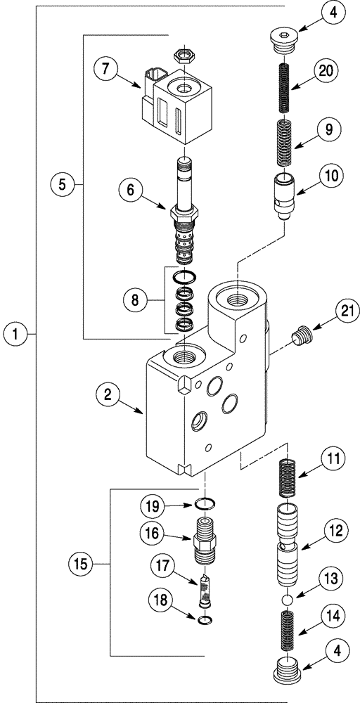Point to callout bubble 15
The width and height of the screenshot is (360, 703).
(x=82, y=564)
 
